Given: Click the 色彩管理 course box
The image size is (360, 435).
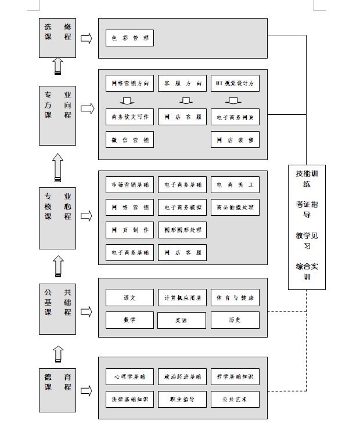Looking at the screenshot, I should tap(129, 39).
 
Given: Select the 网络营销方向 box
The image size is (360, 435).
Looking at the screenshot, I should tap(129, 84).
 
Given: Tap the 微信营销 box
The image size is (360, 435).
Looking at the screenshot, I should tap(129, 140).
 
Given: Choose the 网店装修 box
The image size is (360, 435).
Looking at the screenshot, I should tap(235, 140).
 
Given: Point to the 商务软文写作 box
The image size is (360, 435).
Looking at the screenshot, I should tap(129, 117).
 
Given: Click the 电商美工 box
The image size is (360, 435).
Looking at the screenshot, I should tap(235, 185).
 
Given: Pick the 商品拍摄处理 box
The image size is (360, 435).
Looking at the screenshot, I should tap(235, 207).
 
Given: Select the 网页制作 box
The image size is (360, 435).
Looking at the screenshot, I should tap(129, 230).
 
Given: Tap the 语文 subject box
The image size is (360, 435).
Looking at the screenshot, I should tap(129, 298).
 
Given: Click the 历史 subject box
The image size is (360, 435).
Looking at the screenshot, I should tap(235, 320).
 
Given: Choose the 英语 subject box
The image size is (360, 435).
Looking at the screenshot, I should tap(182, 320).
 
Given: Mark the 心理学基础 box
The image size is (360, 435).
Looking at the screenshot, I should tap(129, 376).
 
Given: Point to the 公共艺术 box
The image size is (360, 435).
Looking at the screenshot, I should tap(235, 399).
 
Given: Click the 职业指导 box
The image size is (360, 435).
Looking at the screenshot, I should tap(182, 399).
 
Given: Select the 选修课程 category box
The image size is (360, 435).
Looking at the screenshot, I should tap(57, 37).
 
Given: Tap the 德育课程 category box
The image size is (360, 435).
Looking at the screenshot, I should tap(57, 381).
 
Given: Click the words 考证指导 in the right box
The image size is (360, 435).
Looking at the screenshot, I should tap(307, 209).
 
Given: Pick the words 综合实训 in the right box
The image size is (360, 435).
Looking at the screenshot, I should tap(307, 271).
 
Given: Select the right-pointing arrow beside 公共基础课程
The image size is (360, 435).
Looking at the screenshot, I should tap(87, 312).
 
